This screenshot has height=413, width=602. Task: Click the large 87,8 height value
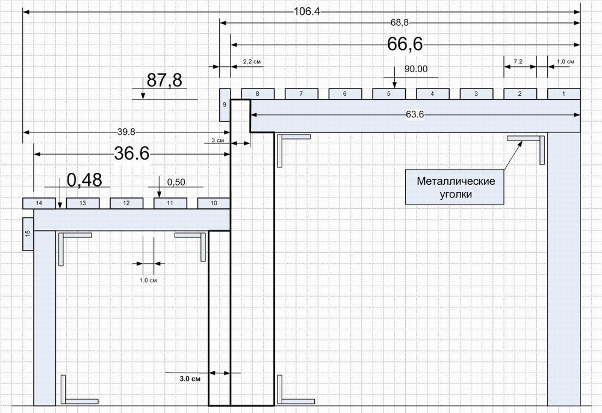164,81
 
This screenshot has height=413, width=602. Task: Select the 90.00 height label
415,69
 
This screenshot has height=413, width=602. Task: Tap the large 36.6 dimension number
132,154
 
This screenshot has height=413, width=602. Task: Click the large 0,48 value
84,179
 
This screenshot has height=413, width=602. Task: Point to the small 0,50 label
175,182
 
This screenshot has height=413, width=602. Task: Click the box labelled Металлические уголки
456,188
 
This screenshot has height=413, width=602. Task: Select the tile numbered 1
563,94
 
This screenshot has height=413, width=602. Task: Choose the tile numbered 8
258,94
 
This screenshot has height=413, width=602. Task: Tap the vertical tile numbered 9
225,105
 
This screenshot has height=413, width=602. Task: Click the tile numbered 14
39,203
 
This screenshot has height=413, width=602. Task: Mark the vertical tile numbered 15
28,234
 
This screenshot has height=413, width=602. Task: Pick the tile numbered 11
170,203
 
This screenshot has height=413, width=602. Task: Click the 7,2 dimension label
520,62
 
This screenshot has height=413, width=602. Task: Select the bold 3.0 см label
189,379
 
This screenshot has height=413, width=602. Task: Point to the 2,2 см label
252,62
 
